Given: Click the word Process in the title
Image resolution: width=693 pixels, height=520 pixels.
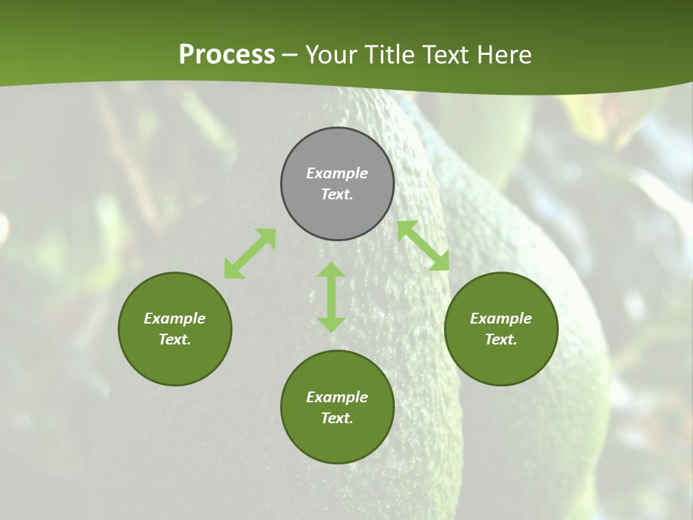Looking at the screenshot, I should coord(227,55).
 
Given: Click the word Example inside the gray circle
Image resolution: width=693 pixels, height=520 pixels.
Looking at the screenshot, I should coord(337,173).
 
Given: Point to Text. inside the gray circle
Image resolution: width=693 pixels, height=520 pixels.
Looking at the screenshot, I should coord(337,194).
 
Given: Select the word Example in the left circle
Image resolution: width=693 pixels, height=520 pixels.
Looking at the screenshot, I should coord(175,318).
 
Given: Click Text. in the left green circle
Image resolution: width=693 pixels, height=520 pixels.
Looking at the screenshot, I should coord(175,339).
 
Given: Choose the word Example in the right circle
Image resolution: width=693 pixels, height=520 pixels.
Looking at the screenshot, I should coord(501,318).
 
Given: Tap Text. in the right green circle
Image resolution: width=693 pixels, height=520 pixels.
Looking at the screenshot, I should coord(501,339).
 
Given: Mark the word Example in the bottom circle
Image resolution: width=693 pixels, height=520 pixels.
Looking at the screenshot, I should coord(337,397).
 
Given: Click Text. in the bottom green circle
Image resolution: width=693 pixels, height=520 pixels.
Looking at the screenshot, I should coord(337,418).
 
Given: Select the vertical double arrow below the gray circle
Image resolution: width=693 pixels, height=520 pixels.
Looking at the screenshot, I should coord(331,297).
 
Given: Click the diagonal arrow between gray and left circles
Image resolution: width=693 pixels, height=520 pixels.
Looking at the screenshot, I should coord(250,253).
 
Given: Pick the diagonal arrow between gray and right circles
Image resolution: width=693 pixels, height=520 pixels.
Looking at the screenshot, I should coord(424,246).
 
